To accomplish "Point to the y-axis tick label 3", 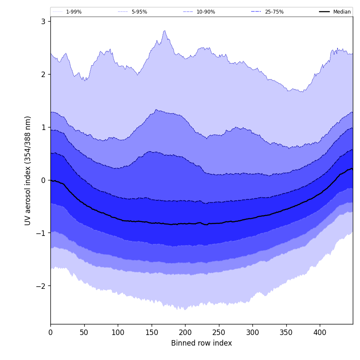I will [43, 21].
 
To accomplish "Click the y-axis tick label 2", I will [43, 74].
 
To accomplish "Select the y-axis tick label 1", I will [43, 127].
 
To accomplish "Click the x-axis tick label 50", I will [84, 333].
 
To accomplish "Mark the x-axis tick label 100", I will [118, 333].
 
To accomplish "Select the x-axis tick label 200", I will [185, 333].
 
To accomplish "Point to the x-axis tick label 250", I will [219, 333].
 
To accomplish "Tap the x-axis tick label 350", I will [286, 333].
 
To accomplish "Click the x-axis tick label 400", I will [320, 333].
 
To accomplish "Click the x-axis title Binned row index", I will [201, 343].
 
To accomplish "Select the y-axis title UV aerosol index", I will [28, 170].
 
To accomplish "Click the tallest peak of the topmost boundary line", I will [165, 30].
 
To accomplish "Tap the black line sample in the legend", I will [325, 12].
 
